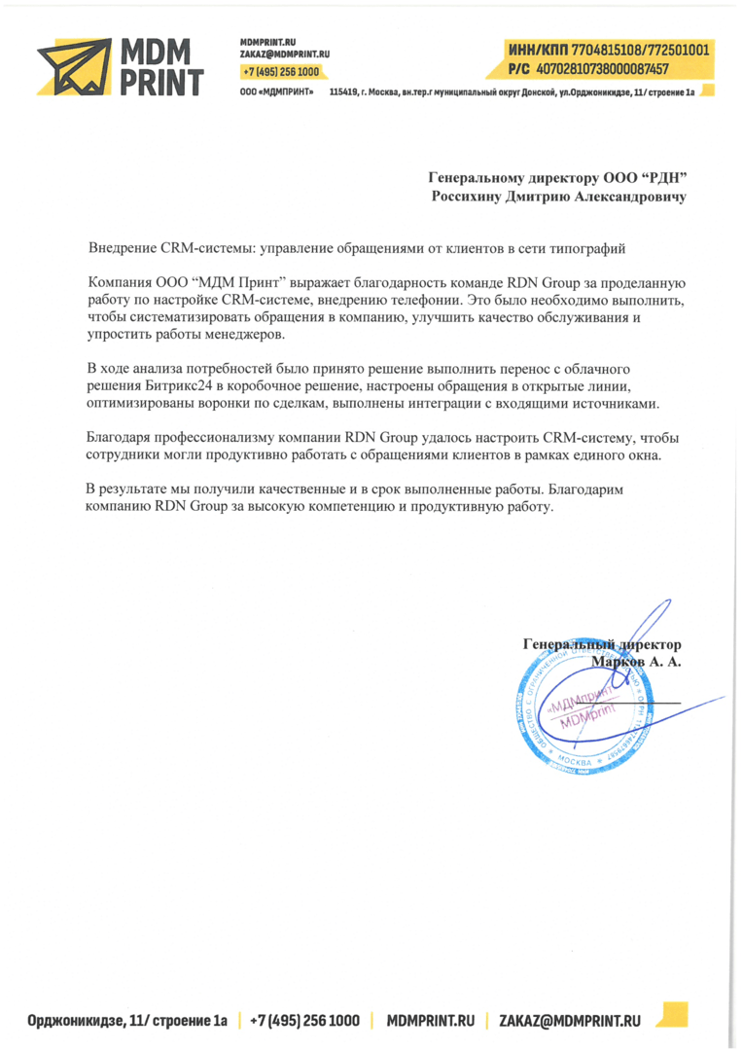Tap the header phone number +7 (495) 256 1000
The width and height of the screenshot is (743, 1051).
(281, 72)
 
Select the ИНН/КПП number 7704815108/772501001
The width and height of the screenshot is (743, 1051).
(638, 49)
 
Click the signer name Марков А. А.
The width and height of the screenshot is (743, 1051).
(636, 662)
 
